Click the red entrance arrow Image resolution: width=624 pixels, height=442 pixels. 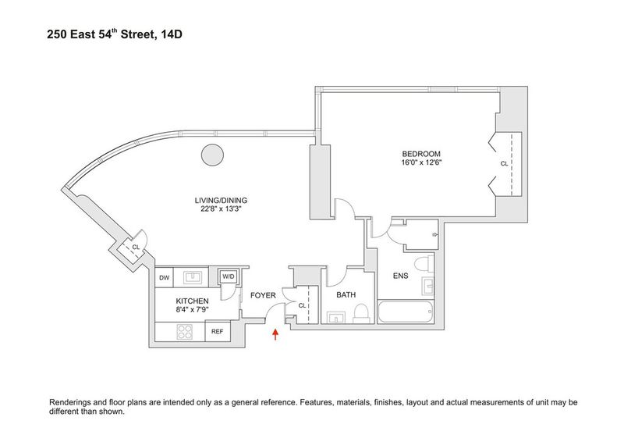click(275, 334)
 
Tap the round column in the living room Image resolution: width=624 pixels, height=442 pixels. click(212, 155)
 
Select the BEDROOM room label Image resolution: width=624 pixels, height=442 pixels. click(421, 154)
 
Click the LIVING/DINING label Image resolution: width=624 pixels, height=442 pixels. click(221, 201)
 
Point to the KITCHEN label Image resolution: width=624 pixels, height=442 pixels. click(192, 301)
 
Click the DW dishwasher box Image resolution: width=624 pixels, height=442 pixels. click(164, 277)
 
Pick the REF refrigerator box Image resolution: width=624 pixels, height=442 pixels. click(218, 332)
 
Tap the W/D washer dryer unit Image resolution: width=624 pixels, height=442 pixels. click(229, 276)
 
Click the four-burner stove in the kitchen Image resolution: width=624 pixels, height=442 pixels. click(185, 332)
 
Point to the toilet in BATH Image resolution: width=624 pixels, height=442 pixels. click(361, 314)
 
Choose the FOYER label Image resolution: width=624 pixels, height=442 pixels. click(263, 295)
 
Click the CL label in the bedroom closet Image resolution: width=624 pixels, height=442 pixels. click(504, 163)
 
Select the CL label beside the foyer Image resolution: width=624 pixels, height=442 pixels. click(302, 305)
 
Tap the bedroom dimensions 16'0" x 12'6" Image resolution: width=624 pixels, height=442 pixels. click(422, 162)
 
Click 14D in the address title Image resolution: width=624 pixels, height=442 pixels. click(172, 34)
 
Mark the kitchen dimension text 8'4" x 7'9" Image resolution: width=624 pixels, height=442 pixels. click(193, 309)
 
